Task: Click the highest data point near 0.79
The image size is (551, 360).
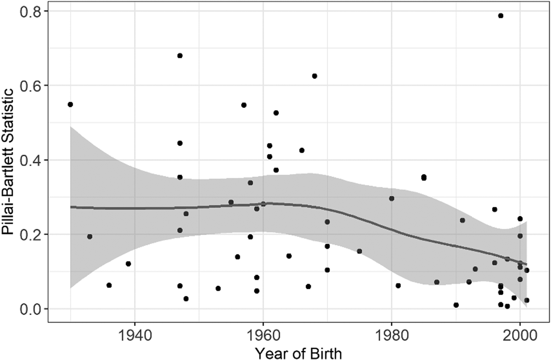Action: pyautogui.click(x=500, y=16)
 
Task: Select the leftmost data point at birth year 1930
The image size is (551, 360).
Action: pyautogui.click(x=70, y=104)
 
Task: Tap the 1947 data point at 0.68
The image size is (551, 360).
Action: pyautogui.click(x=180, y=56)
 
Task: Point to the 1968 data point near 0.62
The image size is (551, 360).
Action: pyautogui.click(x=315, y=76)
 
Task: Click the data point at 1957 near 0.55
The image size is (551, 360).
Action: pyautogui.click(x=244, y=105)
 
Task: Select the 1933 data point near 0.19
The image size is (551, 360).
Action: pyautogui.click(x=90, y=236)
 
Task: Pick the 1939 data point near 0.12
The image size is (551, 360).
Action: pyautogui.click(x=128, y=264)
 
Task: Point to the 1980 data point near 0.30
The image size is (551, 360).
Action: pyautogui.click(x=392, y=198)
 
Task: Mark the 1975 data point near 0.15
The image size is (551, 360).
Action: pyautogui.click(x=360, y=251)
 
